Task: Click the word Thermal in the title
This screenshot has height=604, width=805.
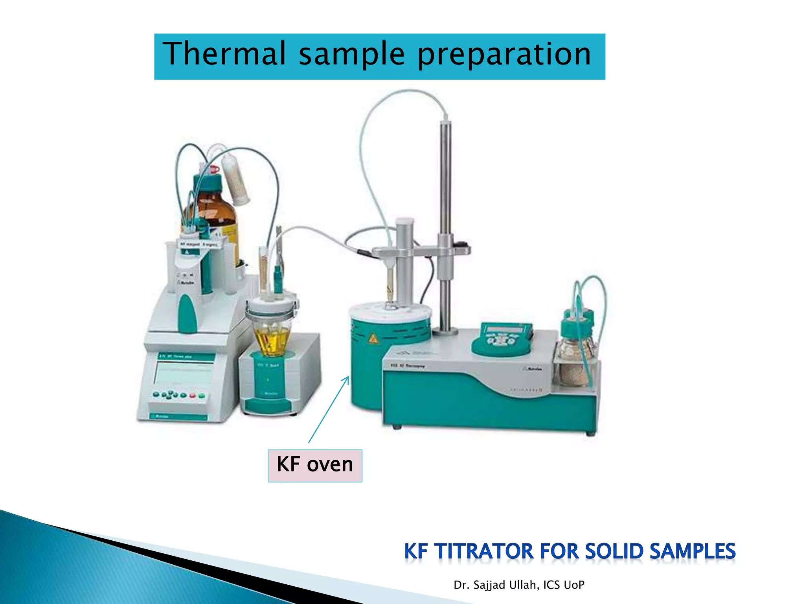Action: click(x=224, y=54)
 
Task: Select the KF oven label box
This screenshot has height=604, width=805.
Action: click(x=315, y=465)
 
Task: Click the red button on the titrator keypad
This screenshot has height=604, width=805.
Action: click(x=193, y=395)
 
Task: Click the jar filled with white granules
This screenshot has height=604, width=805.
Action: click(x=575, y=362)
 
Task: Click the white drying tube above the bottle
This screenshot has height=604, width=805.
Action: click(x=235, y=179)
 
